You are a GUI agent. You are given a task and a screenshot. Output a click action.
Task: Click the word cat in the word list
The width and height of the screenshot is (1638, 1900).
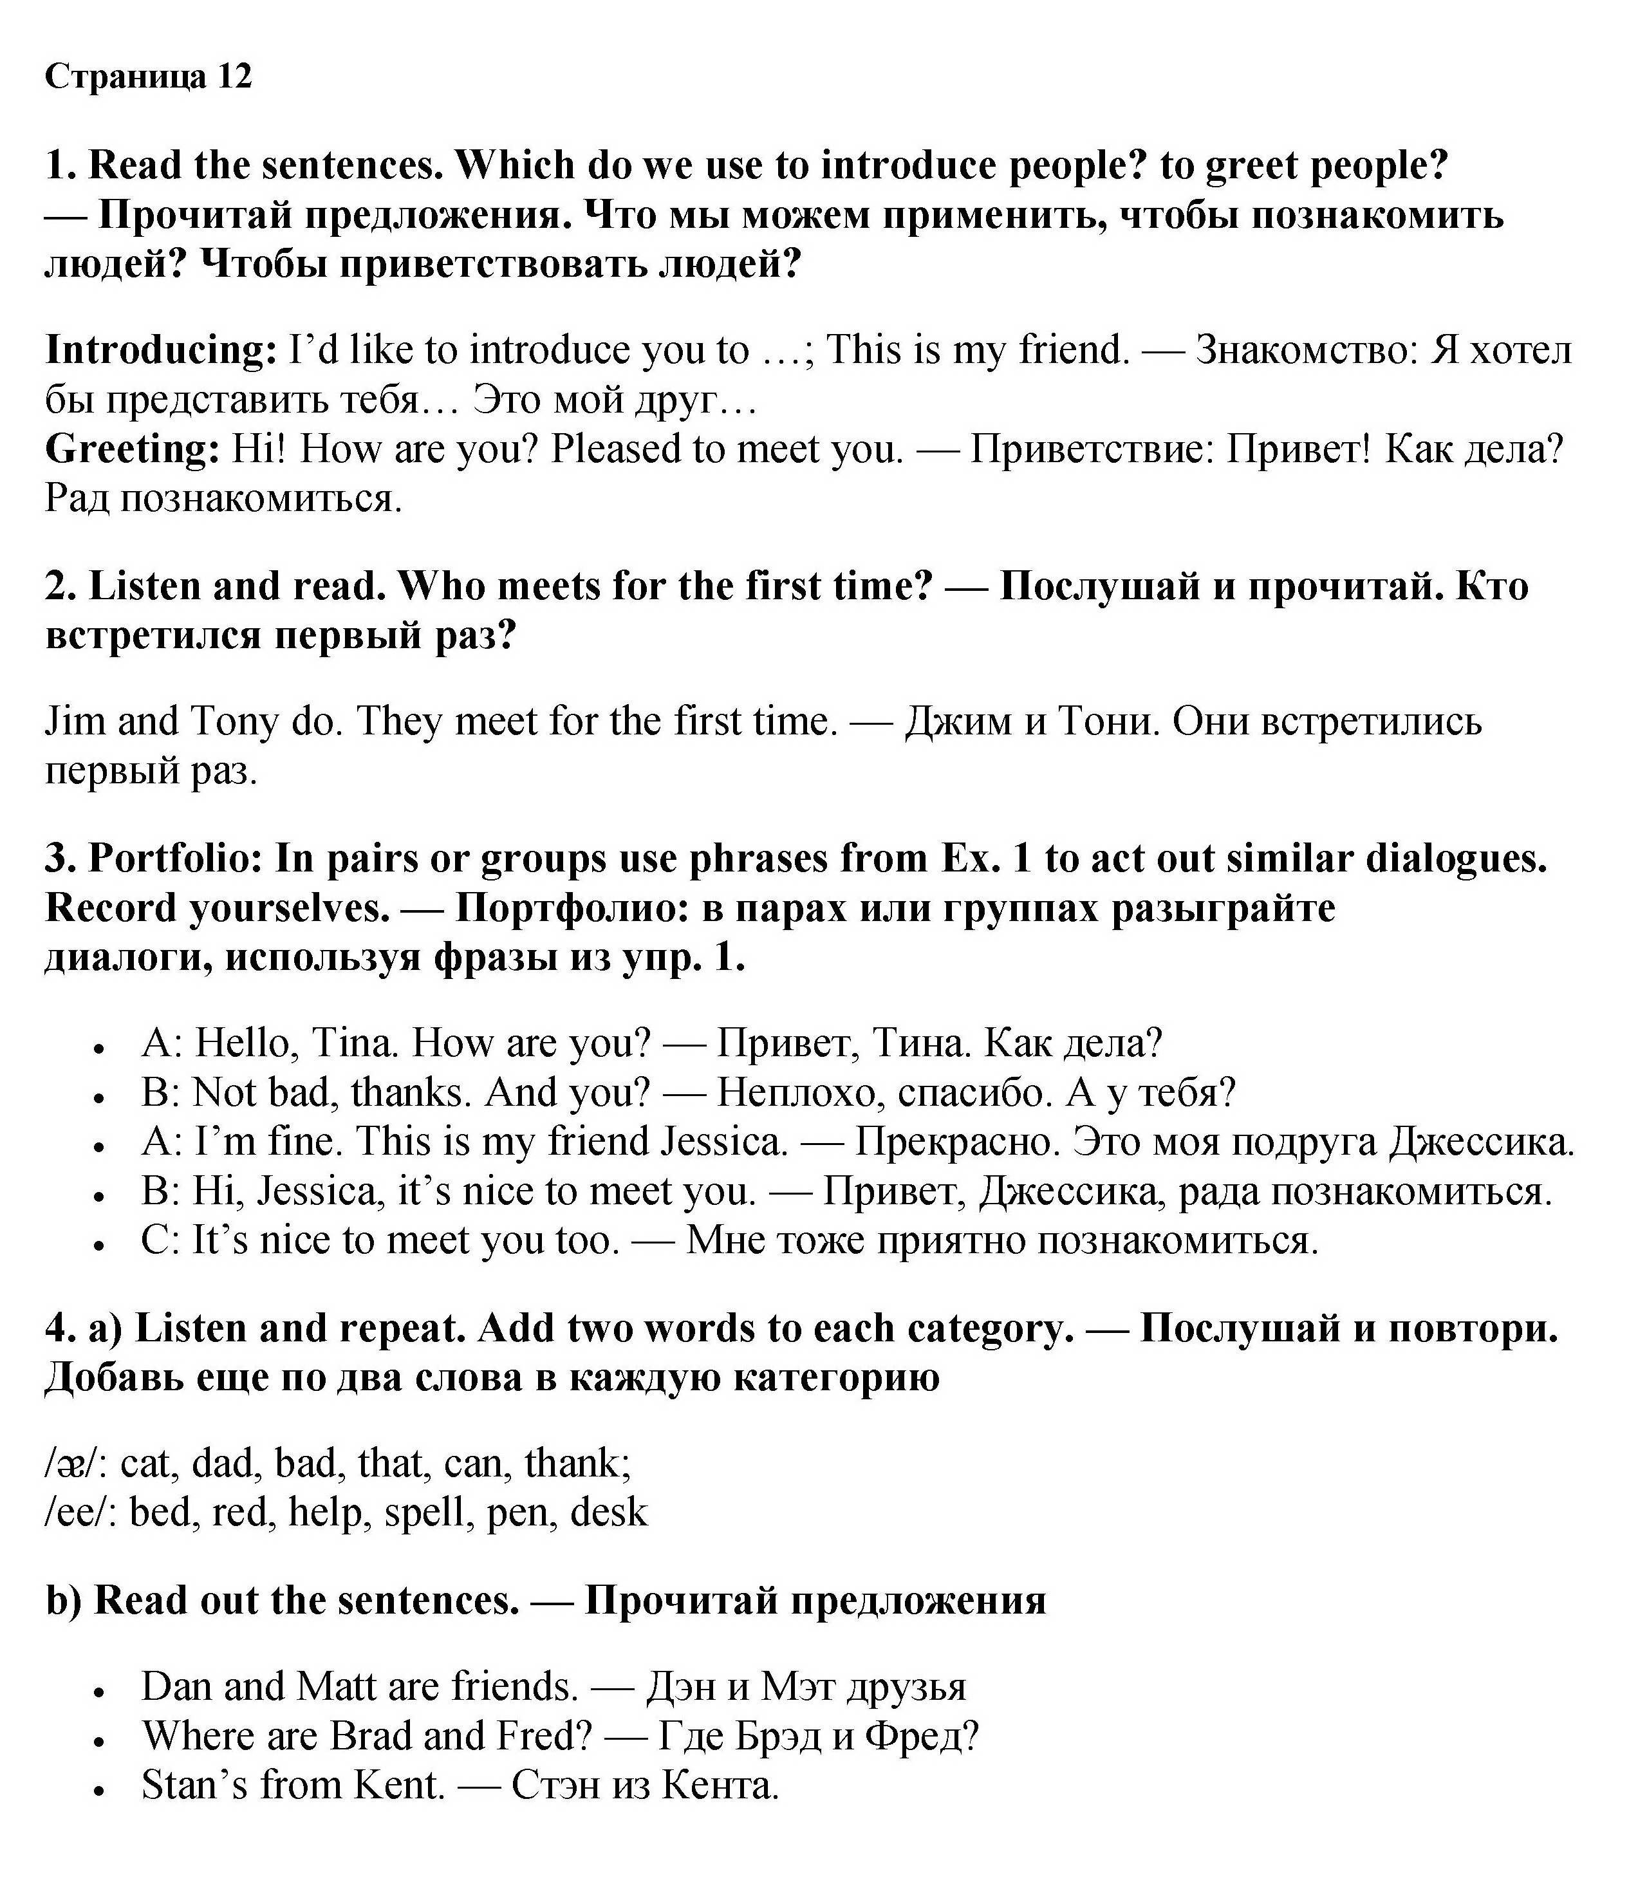[x=146, y=1464]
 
